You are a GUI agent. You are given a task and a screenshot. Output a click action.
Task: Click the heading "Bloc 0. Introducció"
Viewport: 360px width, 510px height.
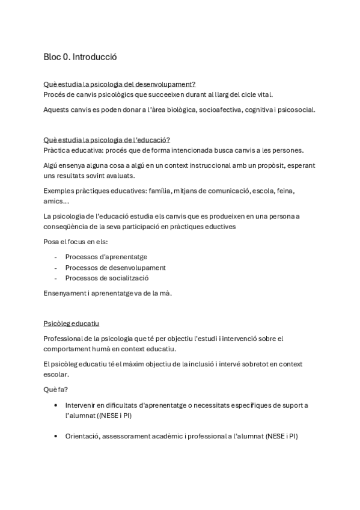[x=80, y=57]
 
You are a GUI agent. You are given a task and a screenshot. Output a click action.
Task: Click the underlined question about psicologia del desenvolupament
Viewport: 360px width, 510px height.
[x=120, y=84]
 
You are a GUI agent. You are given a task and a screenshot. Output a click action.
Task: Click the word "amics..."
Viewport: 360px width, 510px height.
[x=56, y=201]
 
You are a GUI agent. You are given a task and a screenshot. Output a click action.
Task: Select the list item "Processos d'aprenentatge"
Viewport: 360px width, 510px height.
[x=106, y=257]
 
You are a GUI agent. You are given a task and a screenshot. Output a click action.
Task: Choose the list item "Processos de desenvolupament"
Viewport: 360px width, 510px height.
[x=115, y=268]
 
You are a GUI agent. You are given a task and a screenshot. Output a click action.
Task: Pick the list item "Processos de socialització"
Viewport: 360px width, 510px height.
[x=107, y=278]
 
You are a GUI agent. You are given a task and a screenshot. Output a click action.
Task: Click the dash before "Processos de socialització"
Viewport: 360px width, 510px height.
[x=56, y=278]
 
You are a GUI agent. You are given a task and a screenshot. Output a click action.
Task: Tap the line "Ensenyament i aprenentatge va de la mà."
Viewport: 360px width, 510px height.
[x=108, y=293]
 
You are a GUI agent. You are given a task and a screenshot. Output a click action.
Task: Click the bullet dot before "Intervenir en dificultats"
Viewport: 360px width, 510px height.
[x=56, y=405]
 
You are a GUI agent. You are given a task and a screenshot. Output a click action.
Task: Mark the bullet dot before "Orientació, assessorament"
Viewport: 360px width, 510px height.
[x=56, y=436]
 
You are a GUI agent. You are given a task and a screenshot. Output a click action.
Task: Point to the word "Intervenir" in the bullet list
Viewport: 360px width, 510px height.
[x=84, y=405]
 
